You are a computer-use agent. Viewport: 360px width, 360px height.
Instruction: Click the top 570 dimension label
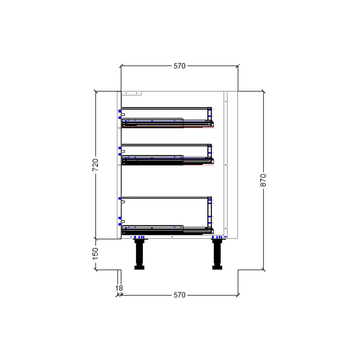pos(179,66)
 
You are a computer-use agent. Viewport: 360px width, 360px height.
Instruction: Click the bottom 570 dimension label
pos(179,295)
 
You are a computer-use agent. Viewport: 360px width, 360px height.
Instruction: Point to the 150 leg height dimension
pos(95,253)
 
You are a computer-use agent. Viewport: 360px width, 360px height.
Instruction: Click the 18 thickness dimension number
pos(119,288)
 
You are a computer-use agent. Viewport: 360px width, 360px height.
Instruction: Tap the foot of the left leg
pos(139,267)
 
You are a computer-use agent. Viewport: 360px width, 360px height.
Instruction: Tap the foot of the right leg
pos(217,267)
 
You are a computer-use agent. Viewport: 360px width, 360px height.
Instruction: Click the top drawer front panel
pos(119,109)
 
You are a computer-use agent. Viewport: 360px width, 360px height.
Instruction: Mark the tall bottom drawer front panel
pos(119,202)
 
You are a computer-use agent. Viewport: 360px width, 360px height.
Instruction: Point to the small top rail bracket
pos(132,93)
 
